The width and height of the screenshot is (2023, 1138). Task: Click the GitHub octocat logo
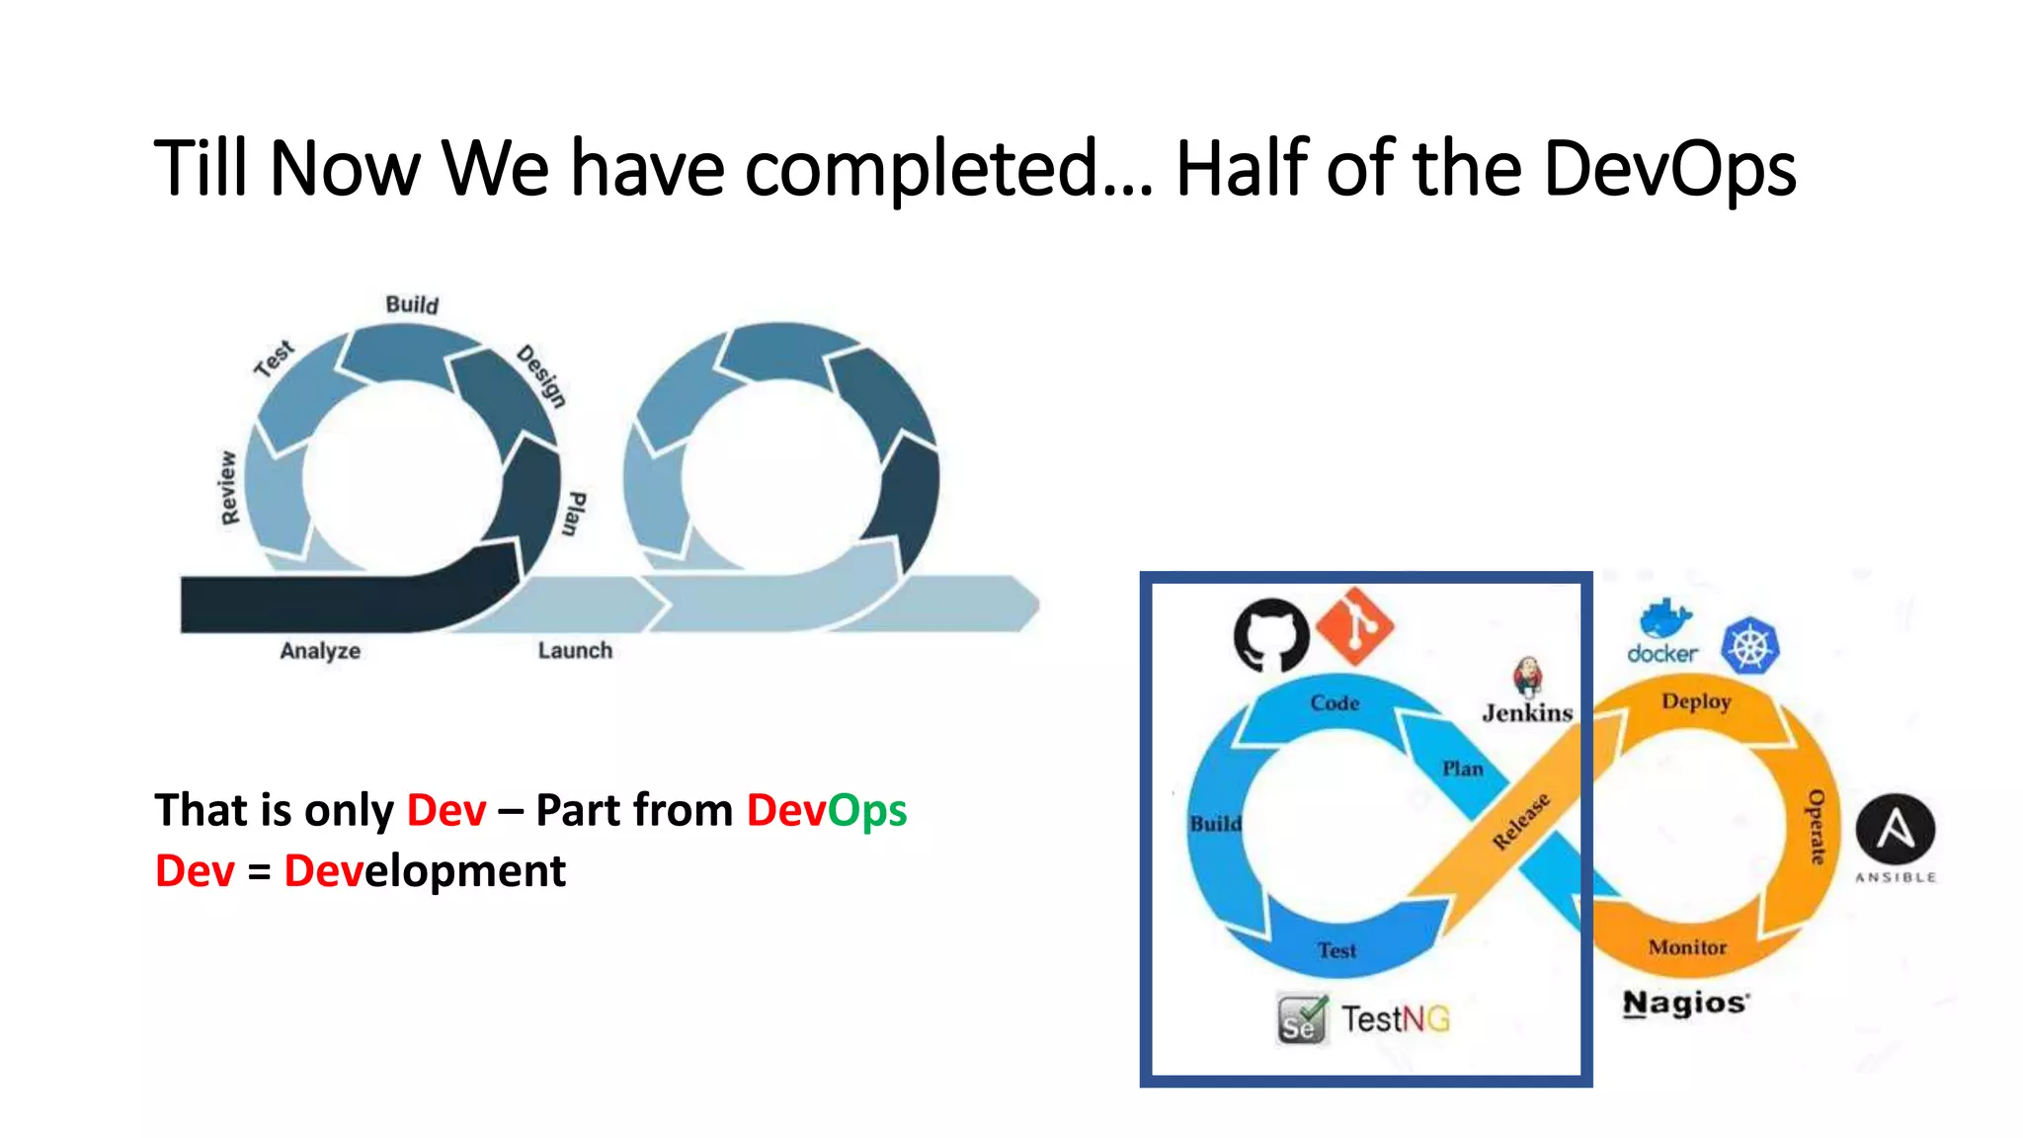[1270, 634]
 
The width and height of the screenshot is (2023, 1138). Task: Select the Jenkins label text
[1527, 712]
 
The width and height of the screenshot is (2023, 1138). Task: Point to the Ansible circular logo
[1895, 829]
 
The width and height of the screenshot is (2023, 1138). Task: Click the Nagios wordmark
[1685, 1003]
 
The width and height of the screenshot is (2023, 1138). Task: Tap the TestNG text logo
[1395, 1018]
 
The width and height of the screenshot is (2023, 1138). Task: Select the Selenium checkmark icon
[1302, 1019]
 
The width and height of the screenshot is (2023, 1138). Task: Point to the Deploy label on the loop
[1696, 701]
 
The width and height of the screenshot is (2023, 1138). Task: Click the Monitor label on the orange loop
[1687, 947]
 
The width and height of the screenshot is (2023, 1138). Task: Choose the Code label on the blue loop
[1335, 703]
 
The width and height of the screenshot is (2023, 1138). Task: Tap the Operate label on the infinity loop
[1816, 827]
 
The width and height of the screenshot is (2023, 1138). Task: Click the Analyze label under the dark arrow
[320, 651]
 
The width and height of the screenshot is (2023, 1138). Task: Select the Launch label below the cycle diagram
[575, 651]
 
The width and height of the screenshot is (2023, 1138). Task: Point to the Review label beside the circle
[228, 488]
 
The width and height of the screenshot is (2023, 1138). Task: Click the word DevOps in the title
[1668, 169]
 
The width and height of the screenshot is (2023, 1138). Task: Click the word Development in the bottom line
[425, 871]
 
